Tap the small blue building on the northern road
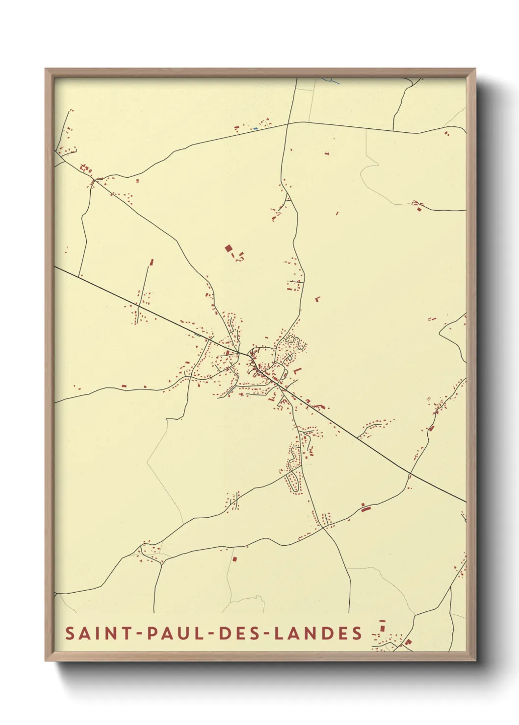point(255,129)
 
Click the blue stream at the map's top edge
point(331,80)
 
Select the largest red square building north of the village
point(228,249)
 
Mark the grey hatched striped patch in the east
point(430,398)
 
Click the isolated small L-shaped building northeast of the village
point(318,298)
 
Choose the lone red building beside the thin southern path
point(234,558)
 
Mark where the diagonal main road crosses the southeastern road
point(410,474)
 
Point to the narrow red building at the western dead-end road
point(152,262)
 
